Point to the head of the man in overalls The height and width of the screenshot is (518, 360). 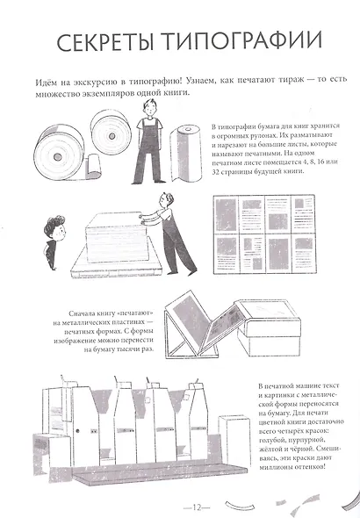pos(146,112)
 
